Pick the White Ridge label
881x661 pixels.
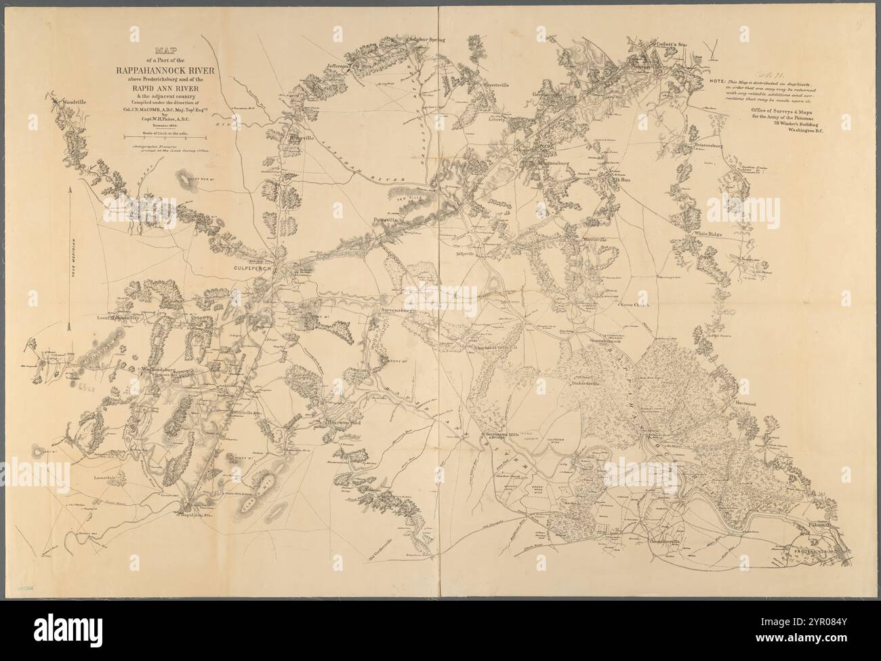[x=708, y=235]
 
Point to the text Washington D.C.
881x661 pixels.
[x=813, y=132]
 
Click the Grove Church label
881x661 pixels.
[x=634, y=306]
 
